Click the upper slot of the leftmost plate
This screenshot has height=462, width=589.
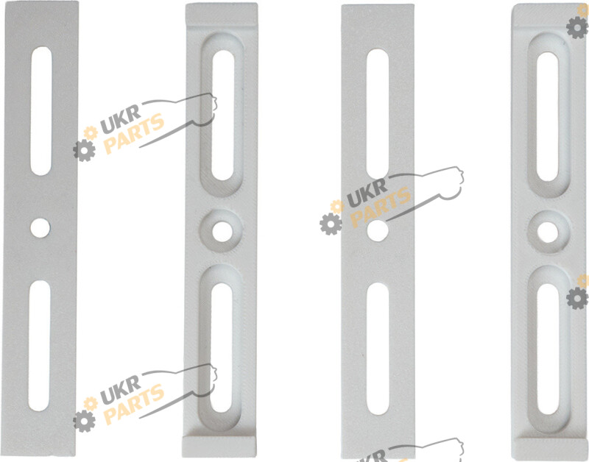coord(41,111)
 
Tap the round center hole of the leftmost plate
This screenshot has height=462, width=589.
coord(40,228)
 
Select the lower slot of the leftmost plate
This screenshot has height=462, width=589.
coord(40,346)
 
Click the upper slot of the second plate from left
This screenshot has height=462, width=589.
coord(223,115)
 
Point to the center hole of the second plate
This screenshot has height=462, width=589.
coord(222,232)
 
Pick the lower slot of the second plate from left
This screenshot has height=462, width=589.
coord(222,348)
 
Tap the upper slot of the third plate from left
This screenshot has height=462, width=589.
coord(378,114)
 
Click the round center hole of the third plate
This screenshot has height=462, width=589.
coord(378,230)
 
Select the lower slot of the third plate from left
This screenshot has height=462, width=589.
coord(378,349)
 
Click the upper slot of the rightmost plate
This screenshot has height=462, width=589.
coord(548,116)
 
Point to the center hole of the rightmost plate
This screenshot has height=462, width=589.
coord(548,232)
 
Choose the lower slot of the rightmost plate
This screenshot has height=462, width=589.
coord(548,349)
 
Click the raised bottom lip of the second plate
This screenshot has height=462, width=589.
coord(219,447)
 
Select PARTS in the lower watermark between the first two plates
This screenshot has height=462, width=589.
coord(134,404)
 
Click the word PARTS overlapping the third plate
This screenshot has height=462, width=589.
coord(380,207)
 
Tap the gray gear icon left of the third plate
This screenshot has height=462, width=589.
coord(331,224)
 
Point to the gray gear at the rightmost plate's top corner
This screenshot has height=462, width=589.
coord(577,27)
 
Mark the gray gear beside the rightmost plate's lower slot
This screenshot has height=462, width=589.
coord(577,299)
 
